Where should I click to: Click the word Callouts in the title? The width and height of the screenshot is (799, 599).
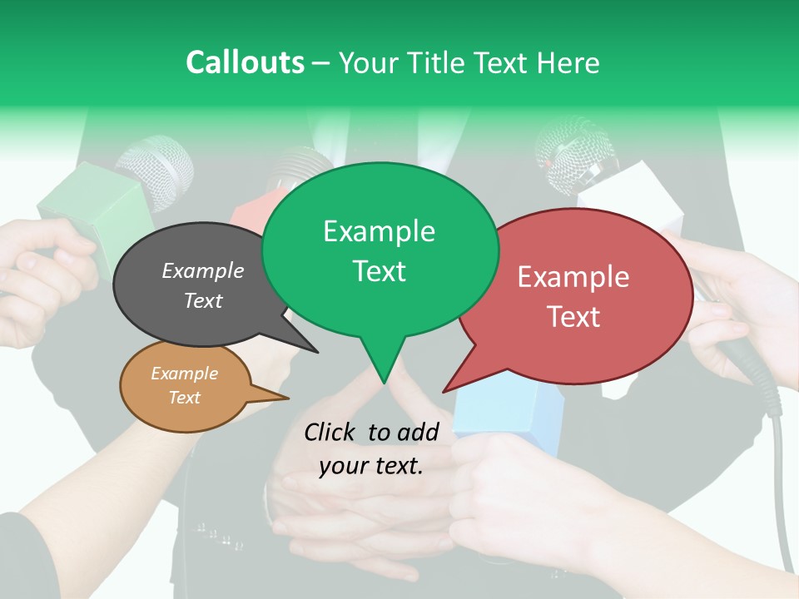[245, 63]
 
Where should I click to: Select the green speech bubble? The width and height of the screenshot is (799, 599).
[380, 250]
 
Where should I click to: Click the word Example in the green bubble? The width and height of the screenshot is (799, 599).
[379, 231]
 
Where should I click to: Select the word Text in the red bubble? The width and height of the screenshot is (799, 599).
[574, 316]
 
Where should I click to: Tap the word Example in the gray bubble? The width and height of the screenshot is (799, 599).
[202, 270]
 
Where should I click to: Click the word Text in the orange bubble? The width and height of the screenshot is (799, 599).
[184, 398]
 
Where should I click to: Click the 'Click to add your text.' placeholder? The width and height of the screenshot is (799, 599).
[371, 448]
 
